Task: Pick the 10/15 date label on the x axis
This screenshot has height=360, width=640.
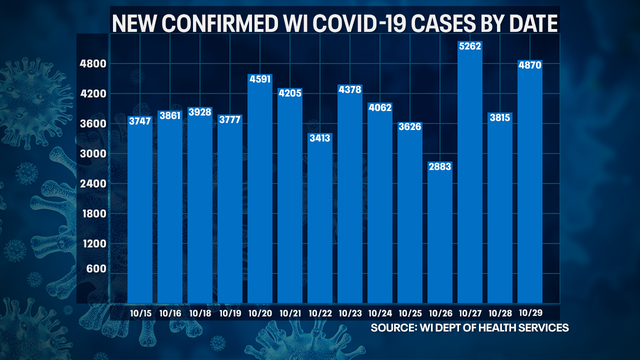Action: point(140,313)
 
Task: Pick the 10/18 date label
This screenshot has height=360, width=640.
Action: point(200,313)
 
